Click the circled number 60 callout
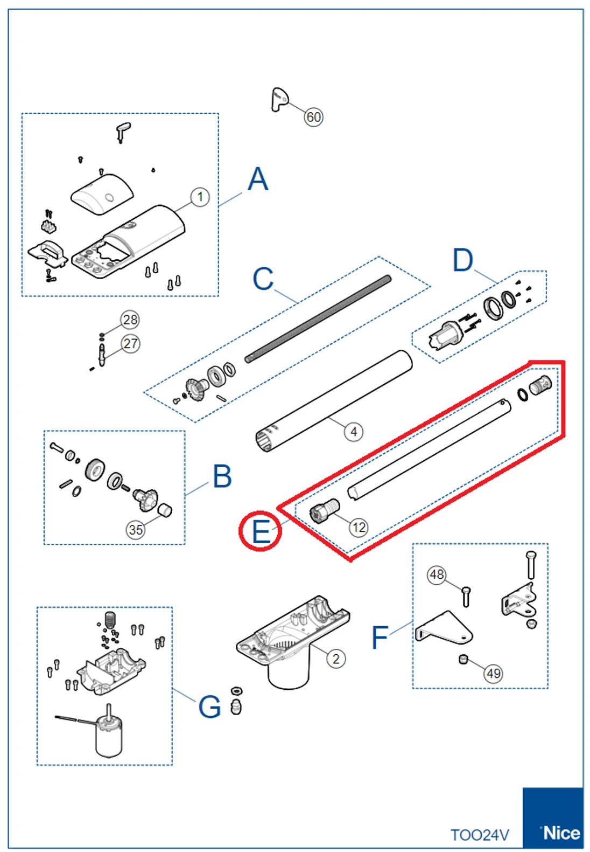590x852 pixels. click(x=313, y=117)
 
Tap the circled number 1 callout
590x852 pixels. click(x=200, y=197)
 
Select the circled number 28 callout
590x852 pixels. click(x=130, y=320)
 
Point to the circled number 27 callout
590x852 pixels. click(x=130, y=343)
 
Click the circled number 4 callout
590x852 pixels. click(x=353, y=432)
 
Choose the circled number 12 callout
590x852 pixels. click(x=359, y=528)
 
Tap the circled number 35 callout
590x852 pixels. click(x=136, y=530)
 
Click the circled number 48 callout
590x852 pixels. click(x=437, y=574)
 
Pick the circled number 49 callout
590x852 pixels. click(x=493, y=673)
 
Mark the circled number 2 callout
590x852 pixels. click(x=336, y=659)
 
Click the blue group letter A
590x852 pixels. click(x=258, y=179)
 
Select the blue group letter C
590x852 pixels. click(x=263, y=279)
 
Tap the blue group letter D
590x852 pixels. click(x=463, y=260)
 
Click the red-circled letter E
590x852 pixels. click(x=261, y=531)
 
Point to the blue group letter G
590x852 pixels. click(x=209, y=706)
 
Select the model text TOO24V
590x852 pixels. click(x=479, y=835)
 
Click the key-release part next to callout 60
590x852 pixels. click(x=279, y=99)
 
